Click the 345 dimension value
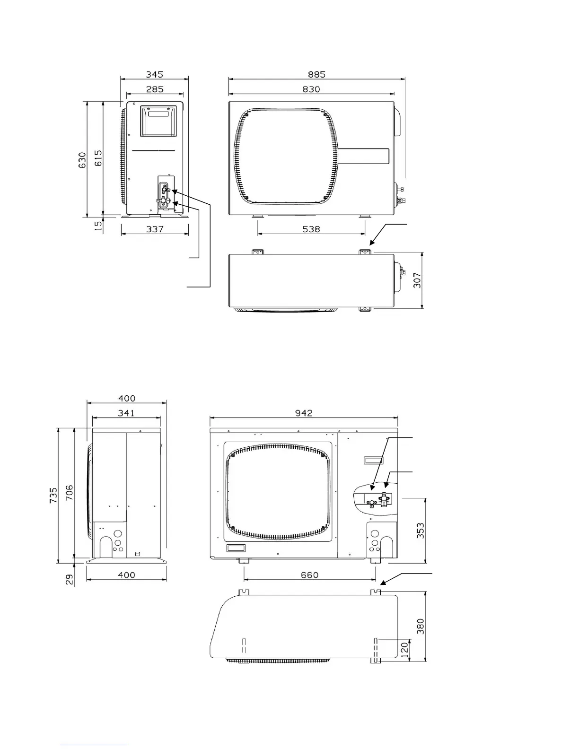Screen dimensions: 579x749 click(155, 74)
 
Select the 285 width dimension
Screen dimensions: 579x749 click(155, 89)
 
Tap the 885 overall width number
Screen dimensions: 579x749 click(316, 74)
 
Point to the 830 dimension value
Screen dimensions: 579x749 click(311, 89)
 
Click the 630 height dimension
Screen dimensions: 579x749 click(82, 160)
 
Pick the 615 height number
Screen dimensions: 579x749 click(98, 158)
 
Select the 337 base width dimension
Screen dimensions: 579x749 click(155, 229)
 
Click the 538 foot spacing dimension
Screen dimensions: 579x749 click(311, 229)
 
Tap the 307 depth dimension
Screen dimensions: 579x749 click(417, 280)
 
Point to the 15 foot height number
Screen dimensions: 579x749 click(98, 226)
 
